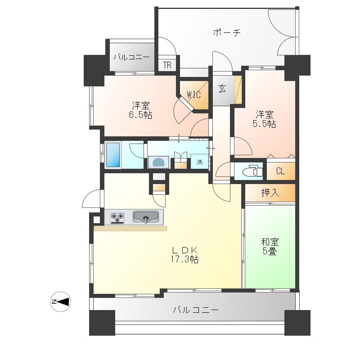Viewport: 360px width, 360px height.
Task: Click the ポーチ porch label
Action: (227, 32)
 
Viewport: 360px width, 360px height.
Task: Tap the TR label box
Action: (167, 65)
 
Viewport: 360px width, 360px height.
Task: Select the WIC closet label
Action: (194, 94)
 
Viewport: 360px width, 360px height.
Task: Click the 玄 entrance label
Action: (222, 88)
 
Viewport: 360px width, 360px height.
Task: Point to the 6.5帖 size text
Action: (140, 115)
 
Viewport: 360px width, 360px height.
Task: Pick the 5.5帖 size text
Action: (265, 124)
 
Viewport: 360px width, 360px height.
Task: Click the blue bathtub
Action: (113, 155)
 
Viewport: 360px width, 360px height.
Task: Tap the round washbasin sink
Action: (159, 162)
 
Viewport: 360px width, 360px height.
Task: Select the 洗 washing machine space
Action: (200, 162)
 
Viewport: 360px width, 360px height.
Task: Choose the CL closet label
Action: (280, 171)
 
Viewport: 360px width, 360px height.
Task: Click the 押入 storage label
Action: (270, 193)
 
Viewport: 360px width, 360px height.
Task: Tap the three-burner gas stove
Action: (117, 218)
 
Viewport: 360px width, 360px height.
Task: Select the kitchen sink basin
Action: (145, 217)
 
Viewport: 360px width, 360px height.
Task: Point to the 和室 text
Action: (270, 242)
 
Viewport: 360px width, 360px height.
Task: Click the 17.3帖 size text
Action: (184, 260)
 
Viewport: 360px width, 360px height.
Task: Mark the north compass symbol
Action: (60, 301)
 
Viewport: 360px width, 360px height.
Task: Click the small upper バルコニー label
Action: (131, 57)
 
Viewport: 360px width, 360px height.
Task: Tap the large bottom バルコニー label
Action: (196, 310)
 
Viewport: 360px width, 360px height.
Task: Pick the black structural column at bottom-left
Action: (102, 323)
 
